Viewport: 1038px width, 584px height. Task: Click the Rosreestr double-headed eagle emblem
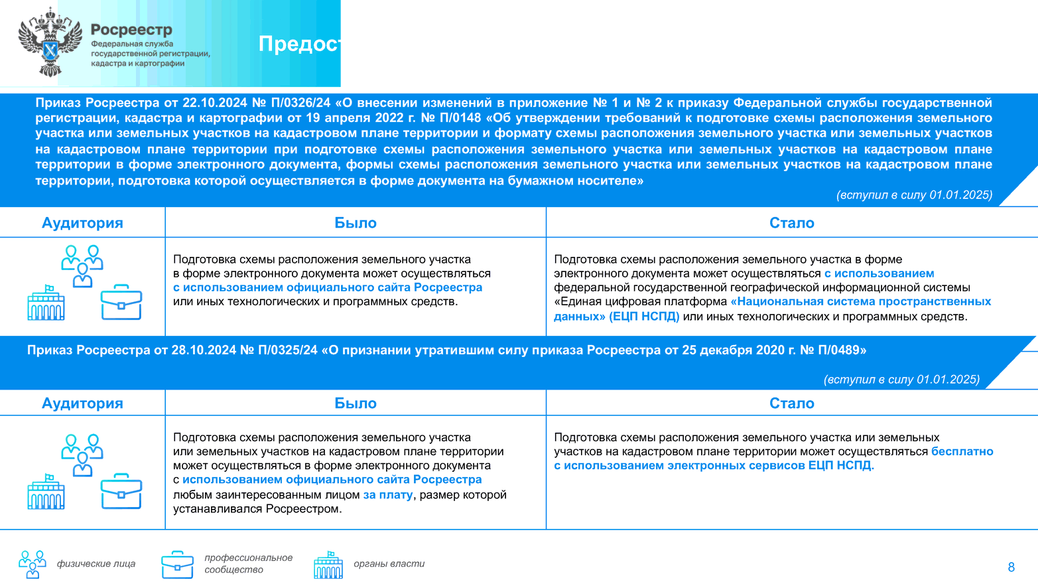(x=50, y=42)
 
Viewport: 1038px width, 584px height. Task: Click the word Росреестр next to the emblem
(x=131, y=30)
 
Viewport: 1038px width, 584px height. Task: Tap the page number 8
(x=1011, y=567)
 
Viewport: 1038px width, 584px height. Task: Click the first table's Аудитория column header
(x=82, y=223)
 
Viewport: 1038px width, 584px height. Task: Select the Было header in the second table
(x=355, y=403)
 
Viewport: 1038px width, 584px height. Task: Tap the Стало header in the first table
(x=791, y=223)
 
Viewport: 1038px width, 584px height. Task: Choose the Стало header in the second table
(x=791, y=403)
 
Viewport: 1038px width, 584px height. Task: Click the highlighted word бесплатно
(x=962, y=451)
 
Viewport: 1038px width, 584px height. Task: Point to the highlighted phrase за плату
(x=387, y=494)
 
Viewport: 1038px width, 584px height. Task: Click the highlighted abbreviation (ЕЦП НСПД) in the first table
(x=645, y=317)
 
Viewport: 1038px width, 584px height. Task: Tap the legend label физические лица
(x=96, y=564)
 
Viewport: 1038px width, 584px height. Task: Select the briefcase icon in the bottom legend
(x=177, y=565)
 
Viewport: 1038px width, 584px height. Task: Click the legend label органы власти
(x=389, y=564)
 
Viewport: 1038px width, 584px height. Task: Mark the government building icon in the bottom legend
(x=328, y=565)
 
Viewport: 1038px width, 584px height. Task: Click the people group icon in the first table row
(x=82, y=265)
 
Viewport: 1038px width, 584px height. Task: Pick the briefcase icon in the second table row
(x=121, y=491)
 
